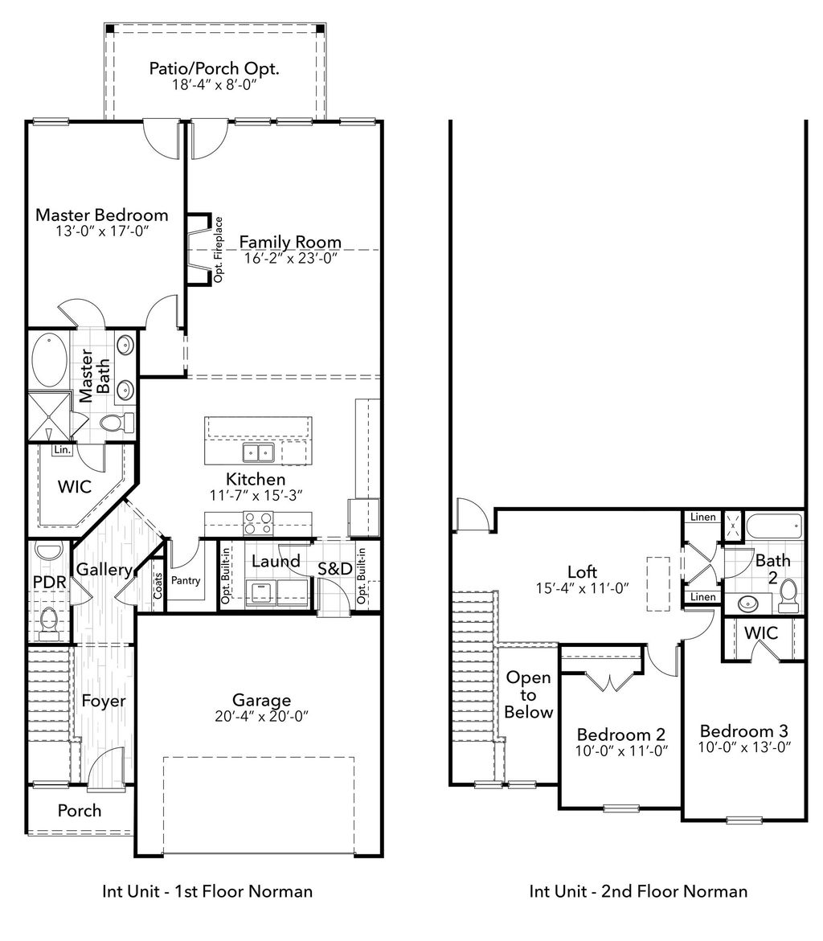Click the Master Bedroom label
102,215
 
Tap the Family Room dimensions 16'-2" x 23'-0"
289,259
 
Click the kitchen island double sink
259,454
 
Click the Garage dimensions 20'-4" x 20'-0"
262,716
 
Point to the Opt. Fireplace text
218,250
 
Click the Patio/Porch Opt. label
214,68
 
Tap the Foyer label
104,701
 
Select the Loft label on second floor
583,571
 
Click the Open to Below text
529,694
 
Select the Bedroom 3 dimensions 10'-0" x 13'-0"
743,747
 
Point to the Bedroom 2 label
620,734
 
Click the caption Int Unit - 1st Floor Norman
207,891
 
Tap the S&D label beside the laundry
334,569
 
